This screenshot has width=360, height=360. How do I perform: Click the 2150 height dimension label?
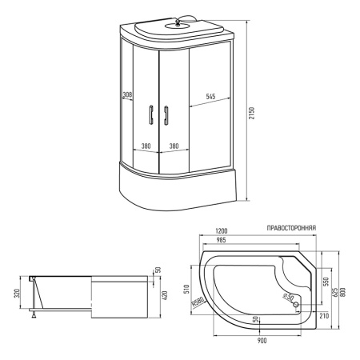click(x=251, y=113)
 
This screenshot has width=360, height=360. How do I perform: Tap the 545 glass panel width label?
click(x=210, y=96)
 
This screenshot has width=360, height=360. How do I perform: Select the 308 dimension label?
click(x=127, y=94)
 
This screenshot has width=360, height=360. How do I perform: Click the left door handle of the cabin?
click(x=151, y=114)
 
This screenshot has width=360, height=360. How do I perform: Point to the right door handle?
click(x=166, y=115)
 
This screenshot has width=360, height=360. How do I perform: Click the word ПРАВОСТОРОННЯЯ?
click(x=291, y=228)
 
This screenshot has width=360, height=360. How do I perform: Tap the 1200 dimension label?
click(x=221, y=230)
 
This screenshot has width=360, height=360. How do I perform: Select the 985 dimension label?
click(x=221, y=240)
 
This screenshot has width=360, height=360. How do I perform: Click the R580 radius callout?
click(x=198, y=302)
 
